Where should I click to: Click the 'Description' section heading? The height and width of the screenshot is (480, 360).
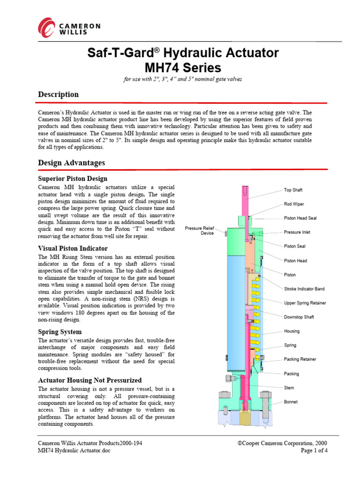(58, 94)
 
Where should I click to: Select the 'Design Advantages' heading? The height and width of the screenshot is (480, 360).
(71, 163)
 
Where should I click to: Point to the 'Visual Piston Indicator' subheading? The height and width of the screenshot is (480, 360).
(73, 248)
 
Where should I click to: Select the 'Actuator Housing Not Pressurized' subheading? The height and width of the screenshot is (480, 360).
(90, 380)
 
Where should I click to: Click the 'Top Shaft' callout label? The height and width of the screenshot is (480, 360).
(293, 190)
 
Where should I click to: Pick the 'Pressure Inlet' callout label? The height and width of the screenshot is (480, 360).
(297, 232)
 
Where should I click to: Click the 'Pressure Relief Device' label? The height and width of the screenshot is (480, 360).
(200, 230)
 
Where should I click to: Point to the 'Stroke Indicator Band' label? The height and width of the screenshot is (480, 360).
(304, 289)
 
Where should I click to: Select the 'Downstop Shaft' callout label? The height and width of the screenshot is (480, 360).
(299, 317)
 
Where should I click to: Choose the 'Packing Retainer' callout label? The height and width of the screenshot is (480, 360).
(300, 360)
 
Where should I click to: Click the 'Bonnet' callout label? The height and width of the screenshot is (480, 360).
(291, 402)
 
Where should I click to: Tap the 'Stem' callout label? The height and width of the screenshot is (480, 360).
(289, 388)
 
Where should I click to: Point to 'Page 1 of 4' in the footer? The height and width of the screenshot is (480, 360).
(314, 451)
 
